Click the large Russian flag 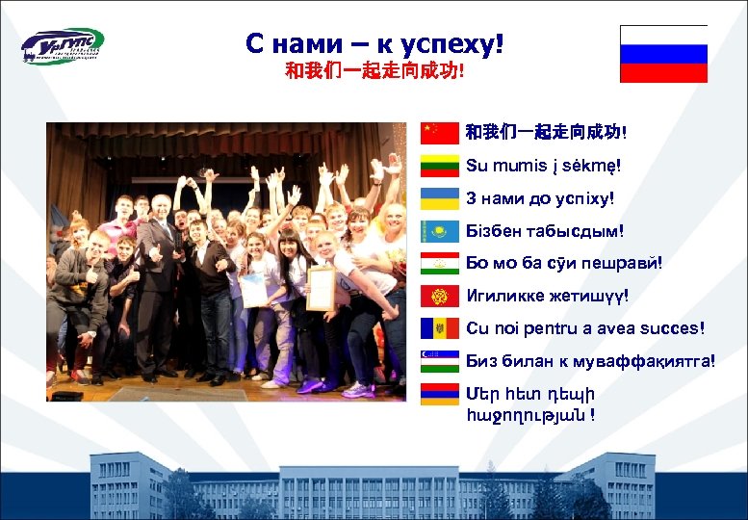point(663,54)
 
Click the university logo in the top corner point(63,45)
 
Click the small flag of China point(440,133)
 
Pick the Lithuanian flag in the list point(440,166)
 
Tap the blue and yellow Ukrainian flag point(440,198)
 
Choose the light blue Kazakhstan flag point(440,231)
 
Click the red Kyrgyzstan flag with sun point(440,296)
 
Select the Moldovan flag point(440,328)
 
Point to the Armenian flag point(440,394)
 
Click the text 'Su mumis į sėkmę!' point(543,166)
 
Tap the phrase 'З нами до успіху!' point(539,198)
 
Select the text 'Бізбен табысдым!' point(544,231)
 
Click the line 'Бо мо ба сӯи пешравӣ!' point(564,263)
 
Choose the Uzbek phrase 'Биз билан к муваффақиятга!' point(590,361)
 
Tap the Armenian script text point(529,404)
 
